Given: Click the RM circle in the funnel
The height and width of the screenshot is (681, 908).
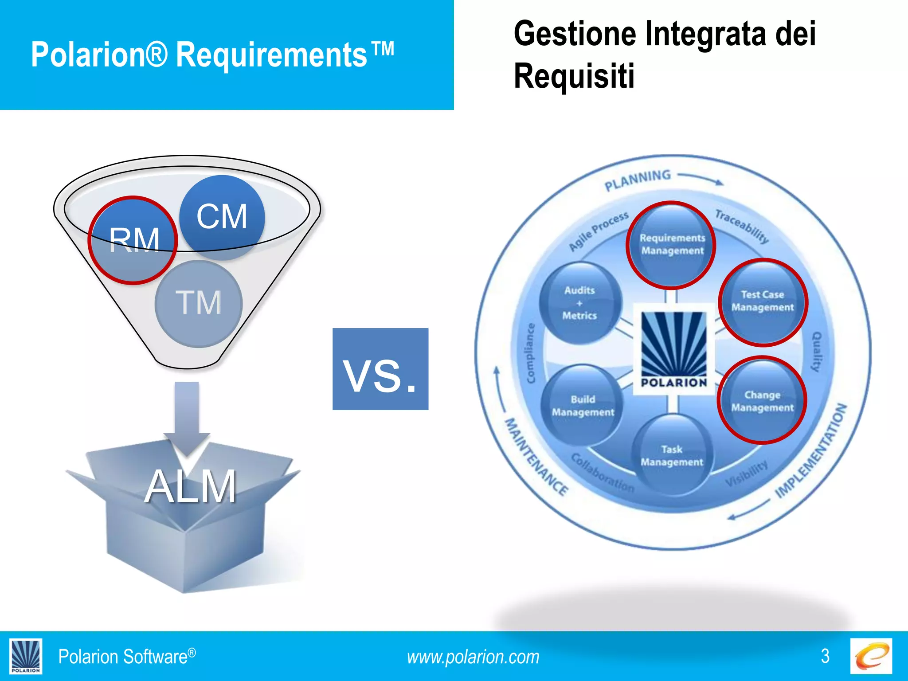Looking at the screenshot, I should tap(133, 240).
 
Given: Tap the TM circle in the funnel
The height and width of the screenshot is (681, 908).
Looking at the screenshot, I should tap(199, 303).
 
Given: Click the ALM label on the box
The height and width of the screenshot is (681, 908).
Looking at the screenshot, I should tap(190, 487).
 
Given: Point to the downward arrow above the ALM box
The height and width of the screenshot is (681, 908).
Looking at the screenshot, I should tap(187, 417).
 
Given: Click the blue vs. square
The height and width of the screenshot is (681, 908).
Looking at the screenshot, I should tap(380, 369).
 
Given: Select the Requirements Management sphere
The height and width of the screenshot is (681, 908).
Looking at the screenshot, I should tap(672, 245).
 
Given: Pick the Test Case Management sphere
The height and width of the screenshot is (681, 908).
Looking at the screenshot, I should tap(763, 301).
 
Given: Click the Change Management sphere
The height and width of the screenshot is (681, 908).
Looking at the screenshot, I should tap(762, 400).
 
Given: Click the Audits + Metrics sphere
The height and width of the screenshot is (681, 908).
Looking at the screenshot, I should tap(579, 303).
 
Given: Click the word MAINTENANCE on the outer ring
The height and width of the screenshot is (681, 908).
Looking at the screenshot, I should tap(536, 457).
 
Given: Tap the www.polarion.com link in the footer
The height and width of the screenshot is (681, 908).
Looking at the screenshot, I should tap(473, 657).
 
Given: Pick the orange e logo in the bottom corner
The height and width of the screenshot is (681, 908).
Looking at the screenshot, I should tap(871, 656).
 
